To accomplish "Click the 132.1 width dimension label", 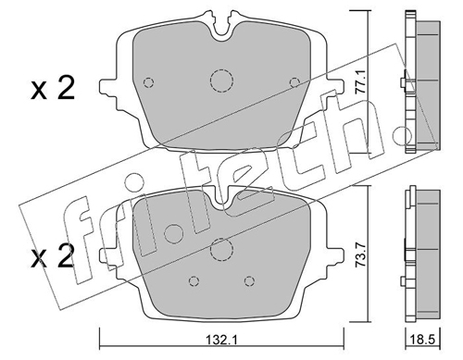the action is [221, 341].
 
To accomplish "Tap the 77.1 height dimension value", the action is [360, 81].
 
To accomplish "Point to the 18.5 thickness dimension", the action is [423, 341].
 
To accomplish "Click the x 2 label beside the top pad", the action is [53, 89].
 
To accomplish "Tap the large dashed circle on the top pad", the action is [221, 81].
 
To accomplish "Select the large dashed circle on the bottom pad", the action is [221, 249].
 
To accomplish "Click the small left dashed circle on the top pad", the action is [149, 82].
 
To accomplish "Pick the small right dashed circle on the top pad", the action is [294, 82].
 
